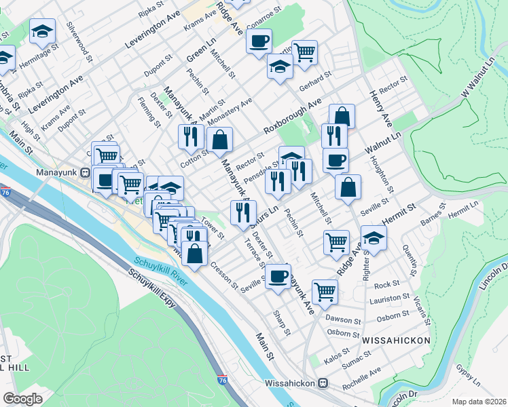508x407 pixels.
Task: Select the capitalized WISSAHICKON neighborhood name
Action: click(397, 339)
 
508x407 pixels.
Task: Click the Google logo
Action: click(22, 398)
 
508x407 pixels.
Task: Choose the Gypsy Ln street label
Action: click(468, 372)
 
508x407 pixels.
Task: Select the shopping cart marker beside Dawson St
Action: click(325, 290)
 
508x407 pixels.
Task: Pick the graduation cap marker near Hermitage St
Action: click(42, 31)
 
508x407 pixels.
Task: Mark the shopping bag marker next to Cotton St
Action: click(220, 140)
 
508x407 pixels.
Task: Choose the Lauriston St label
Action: click(390, 298)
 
